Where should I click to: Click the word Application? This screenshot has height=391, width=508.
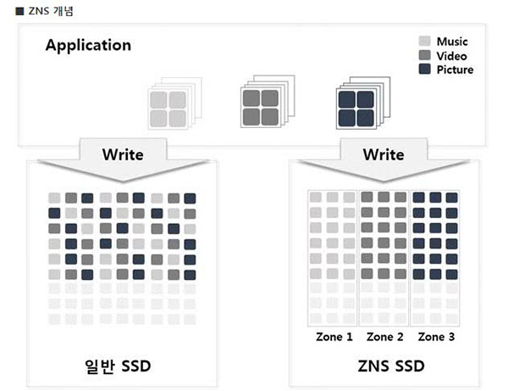[x=88, y=46]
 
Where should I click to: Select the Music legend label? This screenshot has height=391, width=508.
[x=452, y=42]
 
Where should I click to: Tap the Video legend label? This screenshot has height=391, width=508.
[x=451, y=56]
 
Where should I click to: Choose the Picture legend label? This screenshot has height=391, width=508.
[x=455, y=70]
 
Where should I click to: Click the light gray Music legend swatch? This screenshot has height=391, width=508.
[x=424, y=42]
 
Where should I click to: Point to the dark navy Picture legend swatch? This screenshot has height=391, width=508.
[x=424, y=69]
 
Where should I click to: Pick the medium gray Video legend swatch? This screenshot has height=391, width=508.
[x=424, y=55]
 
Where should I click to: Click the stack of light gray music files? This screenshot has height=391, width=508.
[x=174, y=103]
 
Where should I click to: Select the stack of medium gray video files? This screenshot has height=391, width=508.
[x=268, y=101]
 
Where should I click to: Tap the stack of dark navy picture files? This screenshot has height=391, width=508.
[x=363, y=103]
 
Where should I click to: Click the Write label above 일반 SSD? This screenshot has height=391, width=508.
[x=123, y=154]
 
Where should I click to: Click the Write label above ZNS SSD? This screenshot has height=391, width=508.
[x=384, y=154]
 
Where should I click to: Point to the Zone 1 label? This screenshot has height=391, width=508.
[x=334, y=337]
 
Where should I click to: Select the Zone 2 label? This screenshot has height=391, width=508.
[x=385, y=337]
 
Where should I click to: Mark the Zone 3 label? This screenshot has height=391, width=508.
[x=436, y=337]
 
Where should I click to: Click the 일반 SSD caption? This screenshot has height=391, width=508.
[x=118, y=366]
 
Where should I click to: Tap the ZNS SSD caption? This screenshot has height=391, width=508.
[x=391, y=366]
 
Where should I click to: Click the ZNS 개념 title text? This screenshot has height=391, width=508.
[x=51, y=11]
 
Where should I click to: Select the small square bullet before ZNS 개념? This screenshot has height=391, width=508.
[x=19, y=11]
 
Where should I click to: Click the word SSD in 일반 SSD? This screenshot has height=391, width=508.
[x=136, y=366]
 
